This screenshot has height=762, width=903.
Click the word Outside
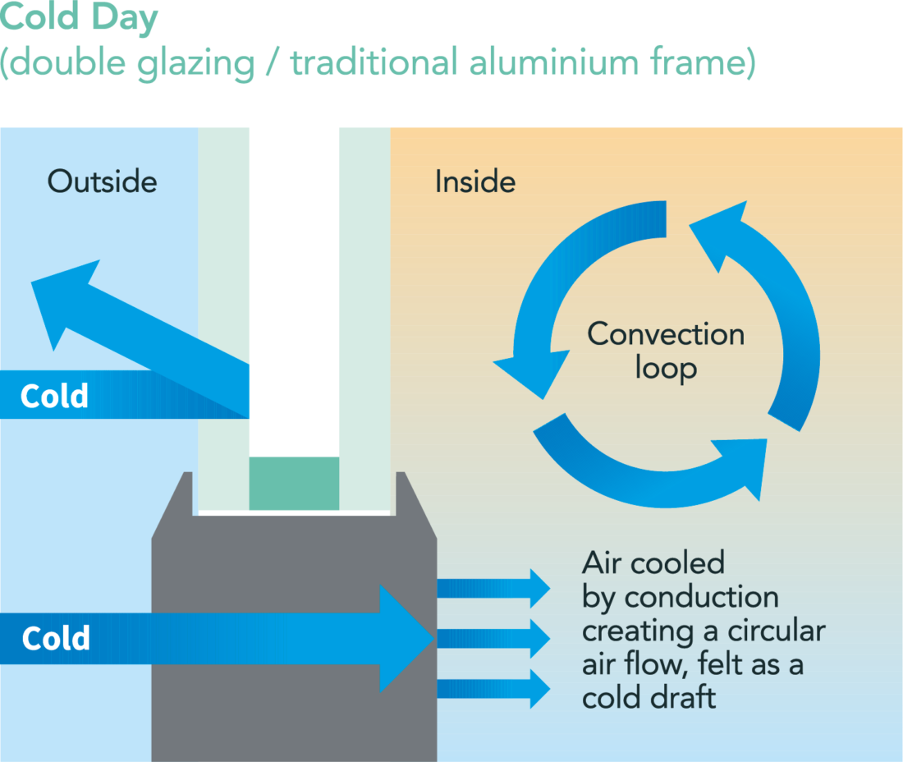pos(102,181)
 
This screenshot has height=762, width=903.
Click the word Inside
pos(474,181)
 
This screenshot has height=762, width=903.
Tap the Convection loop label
pos(666,351)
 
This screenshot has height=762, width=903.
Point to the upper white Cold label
pos(54,396)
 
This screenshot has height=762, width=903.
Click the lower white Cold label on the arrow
pos(56,639)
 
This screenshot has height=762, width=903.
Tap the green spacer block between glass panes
pos(294,483)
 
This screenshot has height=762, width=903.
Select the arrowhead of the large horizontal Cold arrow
pos(406,639)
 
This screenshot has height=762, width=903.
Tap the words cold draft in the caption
pos(649,697)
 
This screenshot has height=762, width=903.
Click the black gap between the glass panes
pos(294,287)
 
